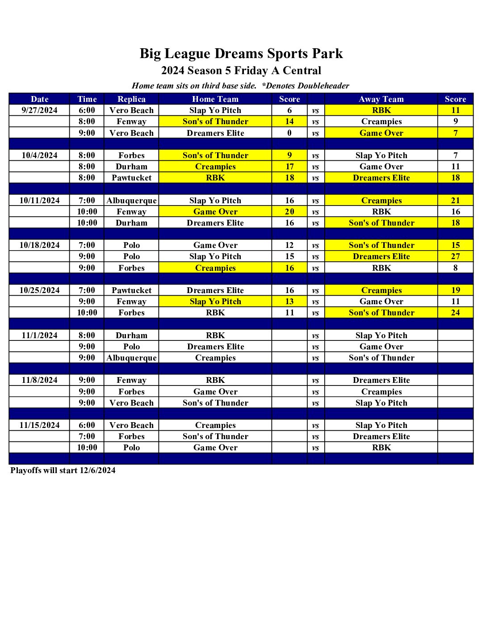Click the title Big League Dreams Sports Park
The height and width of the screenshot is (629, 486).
tap(241, 54)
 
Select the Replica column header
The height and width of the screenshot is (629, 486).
tap(131, 99)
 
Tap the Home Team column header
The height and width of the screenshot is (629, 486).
tap(215, 99)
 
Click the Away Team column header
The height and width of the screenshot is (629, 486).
tap(381, 99)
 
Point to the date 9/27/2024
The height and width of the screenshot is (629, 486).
tap(39, 110)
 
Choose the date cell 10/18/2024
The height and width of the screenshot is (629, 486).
tap(39, 245)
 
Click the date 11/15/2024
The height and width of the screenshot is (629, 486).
tap(39, 425)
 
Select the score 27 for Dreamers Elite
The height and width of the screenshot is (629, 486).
tap(455, 256)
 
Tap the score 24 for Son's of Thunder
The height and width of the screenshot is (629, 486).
tap(455, 313)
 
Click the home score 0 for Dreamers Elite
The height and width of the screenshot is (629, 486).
tap(289, 133)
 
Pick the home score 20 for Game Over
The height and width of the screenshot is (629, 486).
tap(289, 212)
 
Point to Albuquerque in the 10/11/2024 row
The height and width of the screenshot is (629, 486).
tap(131, 201)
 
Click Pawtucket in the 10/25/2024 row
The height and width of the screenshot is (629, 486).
tap(131, 290)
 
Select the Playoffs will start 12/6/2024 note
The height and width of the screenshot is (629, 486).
tap(63, 470)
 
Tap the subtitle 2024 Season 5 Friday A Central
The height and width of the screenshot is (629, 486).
tap(241, 71)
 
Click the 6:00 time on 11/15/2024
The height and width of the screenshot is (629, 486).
tap(87, 425)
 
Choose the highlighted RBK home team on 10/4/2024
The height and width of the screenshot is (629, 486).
tap(215, 178)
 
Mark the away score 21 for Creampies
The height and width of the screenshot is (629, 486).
tap(455, 201)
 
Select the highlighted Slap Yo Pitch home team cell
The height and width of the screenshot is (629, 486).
tap(215, 302)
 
